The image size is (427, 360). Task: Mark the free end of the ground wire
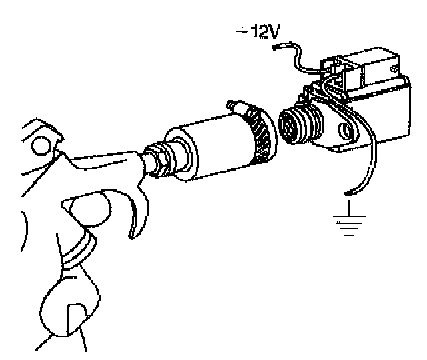348,195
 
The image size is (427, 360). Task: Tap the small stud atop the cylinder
233,105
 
